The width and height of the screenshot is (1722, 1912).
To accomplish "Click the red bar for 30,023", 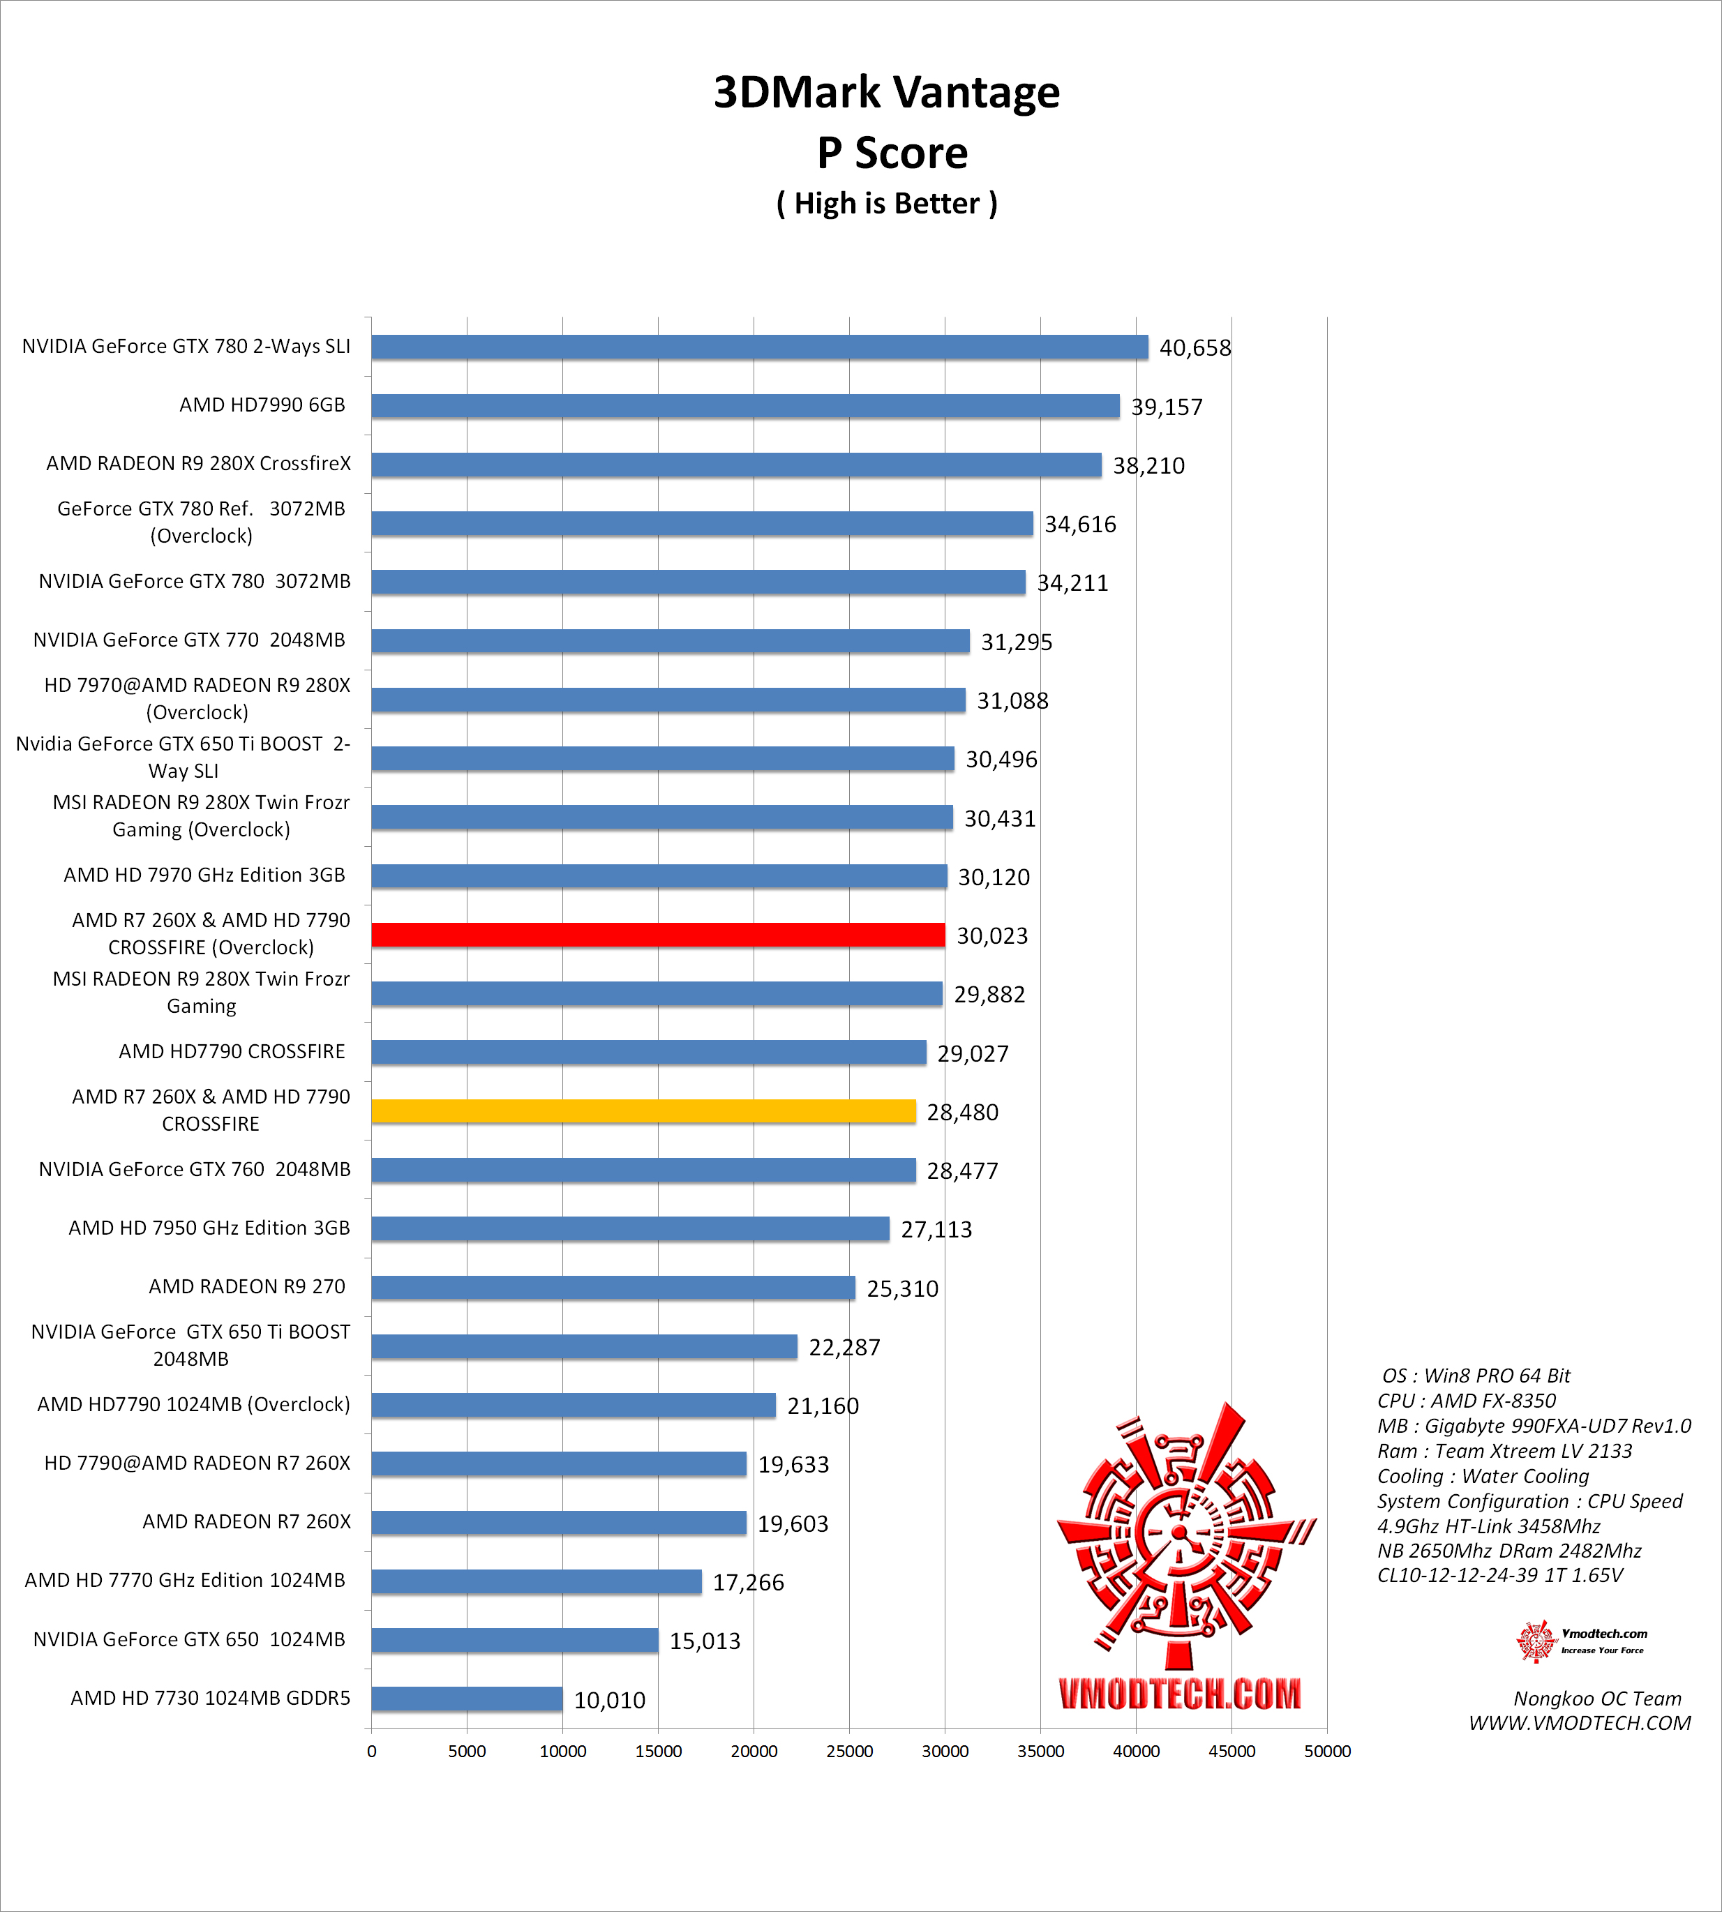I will (x=657, y=935).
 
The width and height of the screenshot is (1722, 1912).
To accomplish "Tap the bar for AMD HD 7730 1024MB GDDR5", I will (x=467, y=1699).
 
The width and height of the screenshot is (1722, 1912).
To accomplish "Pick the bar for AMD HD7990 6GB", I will (x=746, y=406).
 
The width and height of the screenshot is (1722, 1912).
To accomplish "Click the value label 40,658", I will (x=1195, y=348).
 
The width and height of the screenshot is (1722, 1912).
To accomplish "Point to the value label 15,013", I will (x=705, y=1641).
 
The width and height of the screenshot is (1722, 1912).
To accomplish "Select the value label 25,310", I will (x=903, y=1288).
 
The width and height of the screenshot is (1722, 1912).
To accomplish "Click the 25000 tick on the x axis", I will (x=850, y=1751).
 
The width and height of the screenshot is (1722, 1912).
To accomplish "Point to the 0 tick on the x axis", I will (x=372, y=1751).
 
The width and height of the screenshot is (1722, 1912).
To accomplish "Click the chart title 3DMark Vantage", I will (x=887, y=93).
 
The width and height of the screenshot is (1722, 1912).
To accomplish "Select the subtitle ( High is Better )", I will (x=887, y=204).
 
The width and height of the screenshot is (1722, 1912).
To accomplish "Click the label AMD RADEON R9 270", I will (x=247, y=1287).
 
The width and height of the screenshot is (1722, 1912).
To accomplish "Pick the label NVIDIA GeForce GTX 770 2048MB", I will (x=189, y=640).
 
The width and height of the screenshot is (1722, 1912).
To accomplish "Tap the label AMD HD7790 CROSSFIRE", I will (x=232, y=1051).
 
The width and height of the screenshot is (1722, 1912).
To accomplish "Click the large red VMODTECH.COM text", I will (x=1180, y=1694).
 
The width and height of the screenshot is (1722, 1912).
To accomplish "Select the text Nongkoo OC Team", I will (x=1597, y=1698).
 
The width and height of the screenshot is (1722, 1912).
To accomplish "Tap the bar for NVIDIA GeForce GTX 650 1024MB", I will (x=515, y=1641).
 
